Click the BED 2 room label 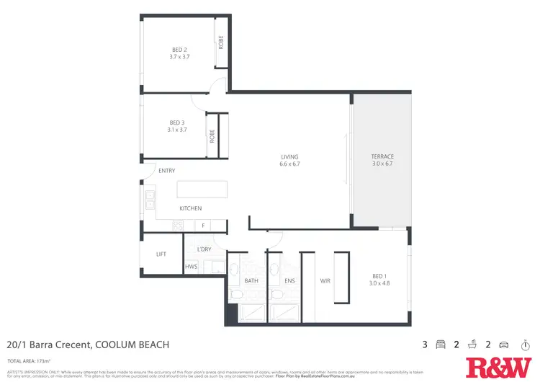pyautogui.click(x=177, y=50)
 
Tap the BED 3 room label pyautogui.click(x=178, y=122)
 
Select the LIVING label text pyautogui.click(x=289, y=156)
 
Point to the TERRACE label pyautogui.click(x=382, y=156)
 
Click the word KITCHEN pyautogui.click(x=191, y=208)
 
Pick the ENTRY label pyautogui.click(x=167, y=171)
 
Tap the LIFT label pyautogui.click(x=161, y=254)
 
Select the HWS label pyautogui.click(x=191, y=267)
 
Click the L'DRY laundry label pyautogui.click(x=204, y=249)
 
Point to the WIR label pyautogui.click(x=325, y=280)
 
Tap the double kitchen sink pyautogui.click(x=150, y=199)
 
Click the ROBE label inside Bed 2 pyautogui.click(x=222, y=43)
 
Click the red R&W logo pyautogui.click(x=498, y=367)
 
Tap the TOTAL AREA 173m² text pyautogui.click(x=32, y=360)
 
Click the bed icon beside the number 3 pyautogui.click(x=441, y=345)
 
